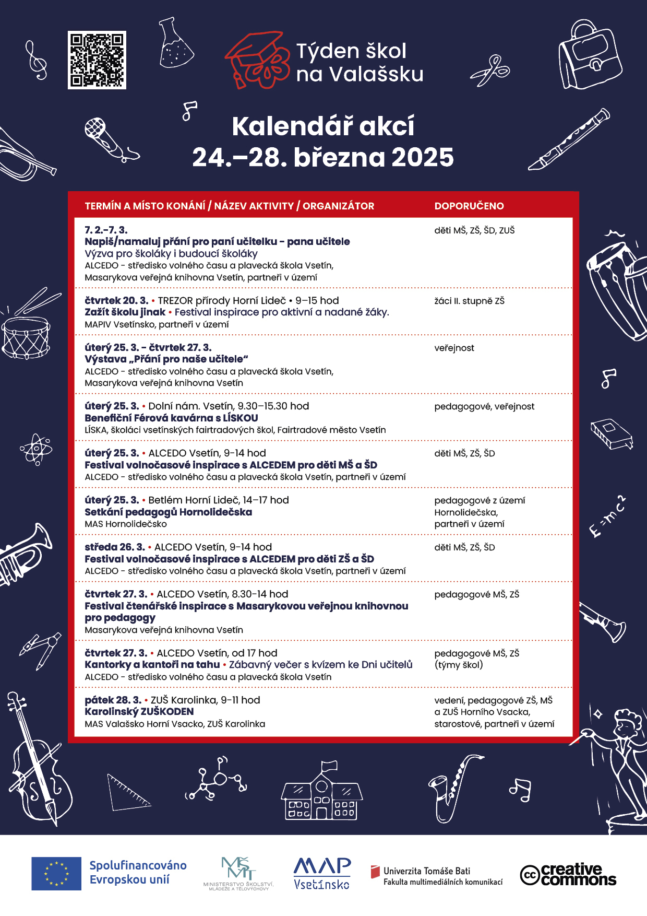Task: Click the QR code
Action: tap(97, 60)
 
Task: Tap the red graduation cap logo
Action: tap(257, 60)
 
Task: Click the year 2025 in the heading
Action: tap(423, 157)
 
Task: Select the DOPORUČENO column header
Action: tap(469, 206)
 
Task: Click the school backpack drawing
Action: tap(590, 55)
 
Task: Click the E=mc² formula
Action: tap(607, 516)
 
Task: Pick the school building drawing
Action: tap(322, 791)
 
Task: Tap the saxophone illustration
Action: tap(452, 786)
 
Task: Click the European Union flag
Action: tap(56, 873)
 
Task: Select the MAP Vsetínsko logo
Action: tap(322, 873)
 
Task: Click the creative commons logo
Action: tap(568, 874)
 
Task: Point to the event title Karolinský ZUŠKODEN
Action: tap(139, 711)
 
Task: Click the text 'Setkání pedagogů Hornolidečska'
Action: tap(169, 512)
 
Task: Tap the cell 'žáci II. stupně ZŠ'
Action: tap(469, 301)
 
